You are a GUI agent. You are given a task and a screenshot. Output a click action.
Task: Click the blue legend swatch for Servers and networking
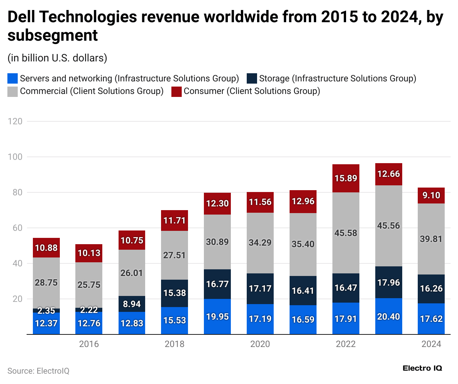13,78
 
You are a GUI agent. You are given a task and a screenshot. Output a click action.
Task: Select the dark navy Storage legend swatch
252,78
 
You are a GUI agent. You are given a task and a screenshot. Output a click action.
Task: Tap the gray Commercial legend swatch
13,91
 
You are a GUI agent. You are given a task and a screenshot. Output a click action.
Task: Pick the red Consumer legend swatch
177,91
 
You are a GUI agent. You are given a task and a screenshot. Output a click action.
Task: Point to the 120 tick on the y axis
15,121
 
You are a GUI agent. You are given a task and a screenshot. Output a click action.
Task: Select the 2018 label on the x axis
174,344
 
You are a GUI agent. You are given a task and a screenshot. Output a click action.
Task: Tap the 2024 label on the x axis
431,344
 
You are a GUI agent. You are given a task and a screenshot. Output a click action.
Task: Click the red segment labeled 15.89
346,178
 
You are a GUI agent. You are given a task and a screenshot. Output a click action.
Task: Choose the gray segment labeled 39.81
431,239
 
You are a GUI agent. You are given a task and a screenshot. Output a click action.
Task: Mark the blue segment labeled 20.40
389,317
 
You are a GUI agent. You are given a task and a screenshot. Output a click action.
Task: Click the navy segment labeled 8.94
132,304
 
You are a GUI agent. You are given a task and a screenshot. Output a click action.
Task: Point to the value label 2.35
46,310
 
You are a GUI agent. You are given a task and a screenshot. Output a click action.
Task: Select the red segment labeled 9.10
431,195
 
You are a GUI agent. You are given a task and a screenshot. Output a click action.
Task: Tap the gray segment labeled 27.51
174,255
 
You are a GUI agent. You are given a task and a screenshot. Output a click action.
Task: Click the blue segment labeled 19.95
217,317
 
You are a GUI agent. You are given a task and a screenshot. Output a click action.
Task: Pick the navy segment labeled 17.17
260,289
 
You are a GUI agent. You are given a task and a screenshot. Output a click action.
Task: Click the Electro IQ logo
422,368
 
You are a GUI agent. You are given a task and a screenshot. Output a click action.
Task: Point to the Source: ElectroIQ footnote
38,371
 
